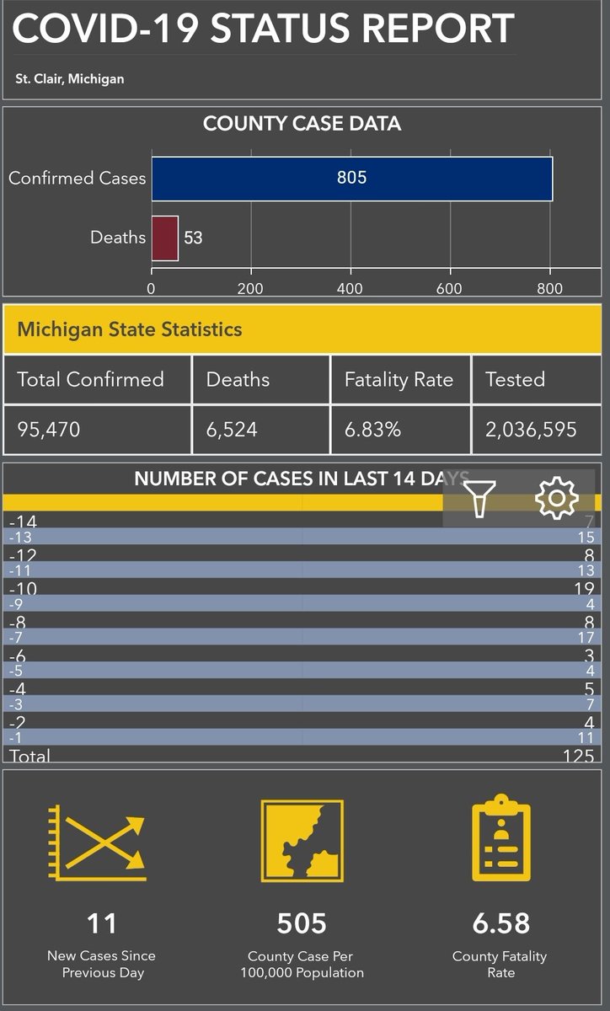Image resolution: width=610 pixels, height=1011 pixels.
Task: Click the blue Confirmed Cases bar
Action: click(351, 178)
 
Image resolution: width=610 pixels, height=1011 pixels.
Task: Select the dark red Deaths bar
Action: click(164, 238)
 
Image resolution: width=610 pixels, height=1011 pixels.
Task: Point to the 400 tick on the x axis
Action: click(350, 288)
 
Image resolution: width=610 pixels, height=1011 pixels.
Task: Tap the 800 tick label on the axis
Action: click(549, 288)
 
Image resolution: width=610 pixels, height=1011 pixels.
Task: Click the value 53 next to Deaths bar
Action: click(193, 238)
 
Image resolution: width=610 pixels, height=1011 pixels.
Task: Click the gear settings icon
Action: click(556, 498)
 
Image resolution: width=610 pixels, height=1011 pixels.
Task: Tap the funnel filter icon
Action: click(479, 498)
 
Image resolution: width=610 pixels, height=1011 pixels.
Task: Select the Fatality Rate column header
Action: click(399, 380)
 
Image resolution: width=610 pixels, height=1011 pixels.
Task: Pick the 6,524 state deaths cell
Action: click(232, 430)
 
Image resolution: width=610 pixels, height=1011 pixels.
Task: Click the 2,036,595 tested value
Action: click(531, 430)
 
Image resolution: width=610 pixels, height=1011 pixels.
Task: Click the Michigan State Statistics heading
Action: click(130, 329)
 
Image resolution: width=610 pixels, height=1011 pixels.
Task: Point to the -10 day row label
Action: click(23, 588)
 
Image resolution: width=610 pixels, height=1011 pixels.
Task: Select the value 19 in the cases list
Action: click(584, 589)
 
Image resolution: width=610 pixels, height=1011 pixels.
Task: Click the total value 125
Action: click(578, 756)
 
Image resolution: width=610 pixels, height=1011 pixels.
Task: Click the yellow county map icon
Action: click(302, 840)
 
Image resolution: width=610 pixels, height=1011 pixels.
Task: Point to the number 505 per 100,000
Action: click(302, 923)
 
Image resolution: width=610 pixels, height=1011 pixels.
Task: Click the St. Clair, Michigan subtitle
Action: click(70, 79)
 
